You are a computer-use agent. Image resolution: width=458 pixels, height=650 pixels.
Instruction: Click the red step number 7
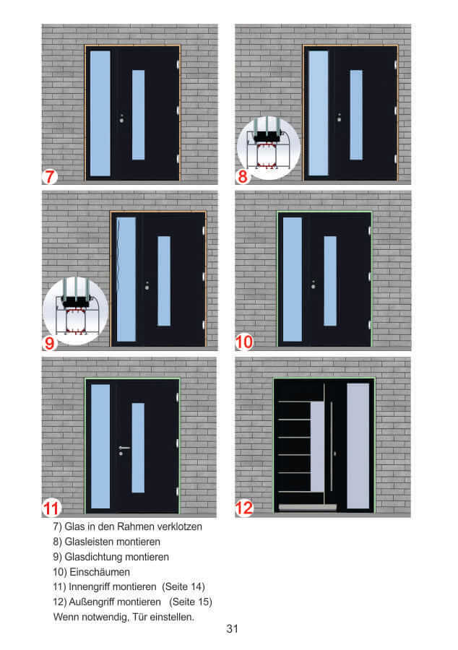pos(49,175)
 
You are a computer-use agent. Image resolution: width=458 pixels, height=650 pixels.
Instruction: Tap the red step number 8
pos(243,175)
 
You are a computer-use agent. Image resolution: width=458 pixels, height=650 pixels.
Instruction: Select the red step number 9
pos(49,342)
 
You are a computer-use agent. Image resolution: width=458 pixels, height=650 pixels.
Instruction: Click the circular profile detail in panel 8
pos(269,148)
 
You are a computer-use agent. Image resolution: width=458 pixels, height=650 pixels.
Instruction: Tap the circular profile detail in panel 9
pos(76,308)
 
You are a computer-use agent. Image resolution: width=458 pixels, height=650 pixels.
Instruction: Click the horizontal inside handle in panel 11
pos(124,448)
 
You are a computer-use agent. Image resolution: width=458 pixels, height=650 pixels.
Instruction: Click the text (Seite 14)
pos(183,586)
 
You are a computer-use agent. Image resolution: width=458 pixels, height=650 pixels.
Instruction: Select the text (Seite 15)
pos(190,602)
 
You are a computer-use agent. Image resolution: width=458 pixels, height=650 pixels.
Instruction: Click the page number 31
pos(232,629)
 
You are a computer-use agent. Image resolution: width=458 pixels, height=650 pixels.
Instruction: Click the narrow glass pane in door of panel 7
pos(138,114)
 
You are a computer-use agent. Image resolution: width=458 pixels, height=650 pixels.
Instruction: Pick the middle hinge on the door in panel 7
pos(177,110)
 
